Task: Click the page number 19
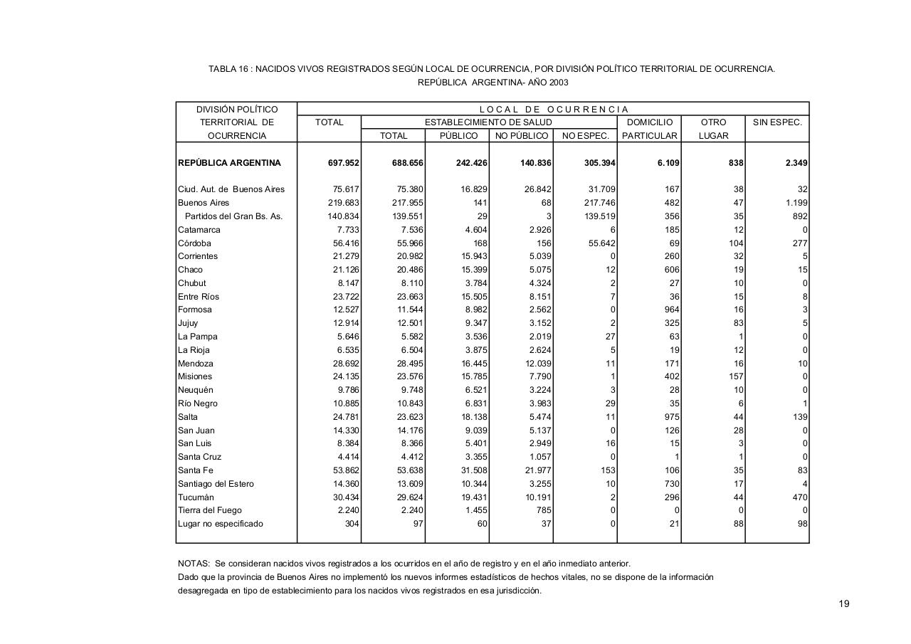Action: pyautogui.click(x=843, y=604)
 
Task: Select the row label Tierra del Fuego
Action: pyautogui.click(x=209, y=510)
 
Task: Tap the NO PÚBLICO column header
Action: pyautogui.click(x=521, y=136)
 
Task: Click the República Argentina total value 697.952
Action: pyautogui.click(x=343, y=163)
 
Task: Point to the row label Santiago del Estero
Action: pyautogui.click(x=216, y=484)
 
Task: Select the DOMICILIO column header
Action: pyautogui.click(x=649, y=122)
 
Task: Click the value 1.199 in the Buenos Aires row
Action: pyautogui.click(x=795, y=203)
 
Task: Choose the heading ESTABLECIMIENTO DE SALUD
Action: pyautogui.click(x=488, y=122)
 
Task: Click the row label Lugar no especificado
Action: pyautogui.click(x=220, y=524)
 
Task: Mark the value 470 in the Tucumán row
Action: pyautogui.click(x=799, y=497)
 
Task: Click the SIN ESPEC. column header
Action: pyautogui.click(x=777, y=122)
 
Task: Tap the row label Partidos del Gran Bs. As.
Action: pyautogui.click(x=233, y=216)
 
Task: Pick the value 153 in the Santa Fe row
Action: pyautogui.click(x=608, y=470)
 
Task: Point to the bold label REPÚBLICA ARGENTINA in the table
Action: pyautogui.click(x=229, y=163)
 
